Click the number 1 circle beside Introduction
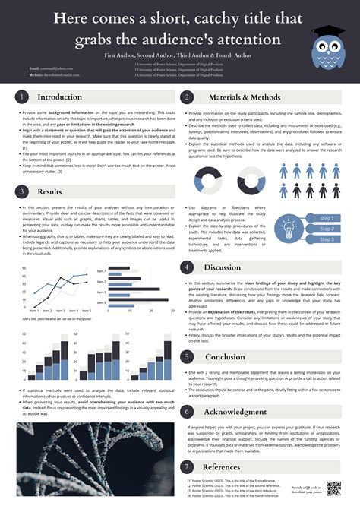coord(23,97)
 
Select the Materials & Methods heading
coord(238,97)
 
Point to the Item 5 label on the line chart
coord(87,311)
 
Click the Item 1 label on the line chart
coord(34,311)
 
